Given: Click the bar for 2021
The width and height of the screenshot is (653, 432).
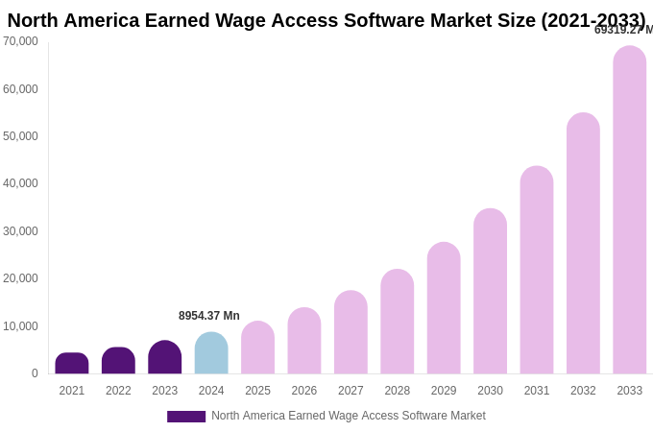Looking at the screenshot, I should [x=72, y=364].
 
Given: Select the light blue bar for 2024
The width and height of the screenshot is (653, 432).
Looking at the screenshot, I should [x=211, y=353].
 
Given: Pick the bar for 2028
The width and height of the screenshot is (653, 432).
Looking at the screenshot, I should [x=398, y=322].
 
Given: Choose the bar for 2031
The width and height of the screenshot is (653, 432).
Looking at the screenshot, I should [x=537, y=270].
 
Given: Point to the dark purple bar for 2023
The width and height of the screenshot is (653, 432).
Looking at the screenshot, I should [x=165, y=357].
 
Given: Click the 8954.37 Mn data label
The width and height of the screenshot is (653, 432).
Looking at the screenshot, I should [x=209, y=316].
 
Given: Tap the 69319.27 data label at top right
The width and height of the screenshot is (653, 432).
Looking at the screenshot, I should [x=622, y=30].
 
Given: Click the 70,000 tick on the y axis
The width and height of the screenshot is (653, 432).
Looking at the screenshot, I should [x=20, y=41].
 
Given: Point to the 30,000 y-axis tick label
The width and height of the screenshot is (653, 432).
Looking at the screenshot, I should [x=20, y=231].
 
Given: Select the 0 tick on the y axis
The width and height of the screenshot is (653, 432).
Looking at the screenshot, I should [x=35, y=373].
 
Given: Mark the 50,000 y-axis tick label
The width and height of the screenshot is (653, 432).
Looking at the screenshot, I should [x=20, y=136].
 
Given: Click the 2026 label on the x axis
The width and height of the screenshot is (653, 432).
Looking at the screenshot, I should [x=304, y=391].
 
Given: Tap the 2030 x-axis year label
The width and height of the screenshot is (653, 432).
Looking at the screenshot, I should [x=490, y=391].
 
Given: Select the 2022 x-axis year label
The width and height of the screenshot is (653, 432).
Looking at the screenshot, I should [x=118, y=391].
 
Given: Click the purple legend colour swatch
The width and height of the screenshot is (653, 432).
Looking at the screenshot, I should [x=186, y=417].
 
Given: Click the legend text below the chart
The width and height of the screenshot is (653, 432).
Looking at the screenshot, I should [x=349, y=416].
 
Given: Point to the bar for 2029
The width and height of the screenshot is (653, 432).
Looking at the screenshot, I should [x=444, y=308].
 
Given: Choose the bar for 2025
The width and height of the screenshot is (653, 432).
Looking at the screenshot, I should [x=257, y=348].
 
